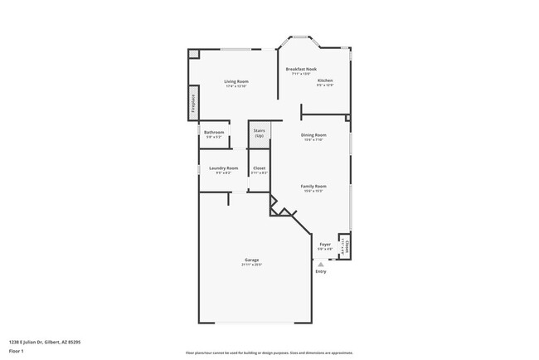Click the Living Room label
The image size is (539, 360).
click(x=236, y=81)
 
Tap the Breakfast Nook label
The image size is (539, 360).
click(x=301, y=69)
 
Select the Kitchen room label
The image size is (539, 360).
click(x=325, y=80)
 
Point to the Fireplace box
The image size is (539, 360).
click(x=193, y=103)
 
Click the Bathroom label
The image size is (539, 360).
click(x=214, y=133)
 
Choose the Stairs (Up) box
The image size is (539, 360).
click(x=260, y=134)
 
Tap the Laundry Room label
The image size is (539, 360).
click(x=223, y=168)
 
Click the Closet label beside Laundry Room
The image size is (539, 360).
click(x=260, y=168)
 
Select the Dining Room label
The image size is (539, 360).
click(x=313, y=134)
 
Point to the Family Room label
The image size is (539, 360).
click(x=313, y=187)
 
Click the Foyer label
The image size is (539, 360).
click(x=325, y=245)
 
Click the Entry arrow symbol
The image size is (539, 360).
click(x=320, y=264)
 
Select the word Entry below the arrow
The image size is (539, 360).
click(x=320, y=271)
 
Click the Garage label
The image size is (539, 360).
click(x=251, y=260)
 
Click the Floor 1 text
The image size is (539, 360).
click(x=17, y=350)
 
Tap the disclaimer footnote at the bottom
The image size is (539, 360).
click(x=269, y=352)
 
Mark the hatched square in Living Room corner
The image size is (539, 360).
click(x=194, y=55)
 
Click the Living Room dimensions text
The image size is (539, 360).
click(x=236, y=86)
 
